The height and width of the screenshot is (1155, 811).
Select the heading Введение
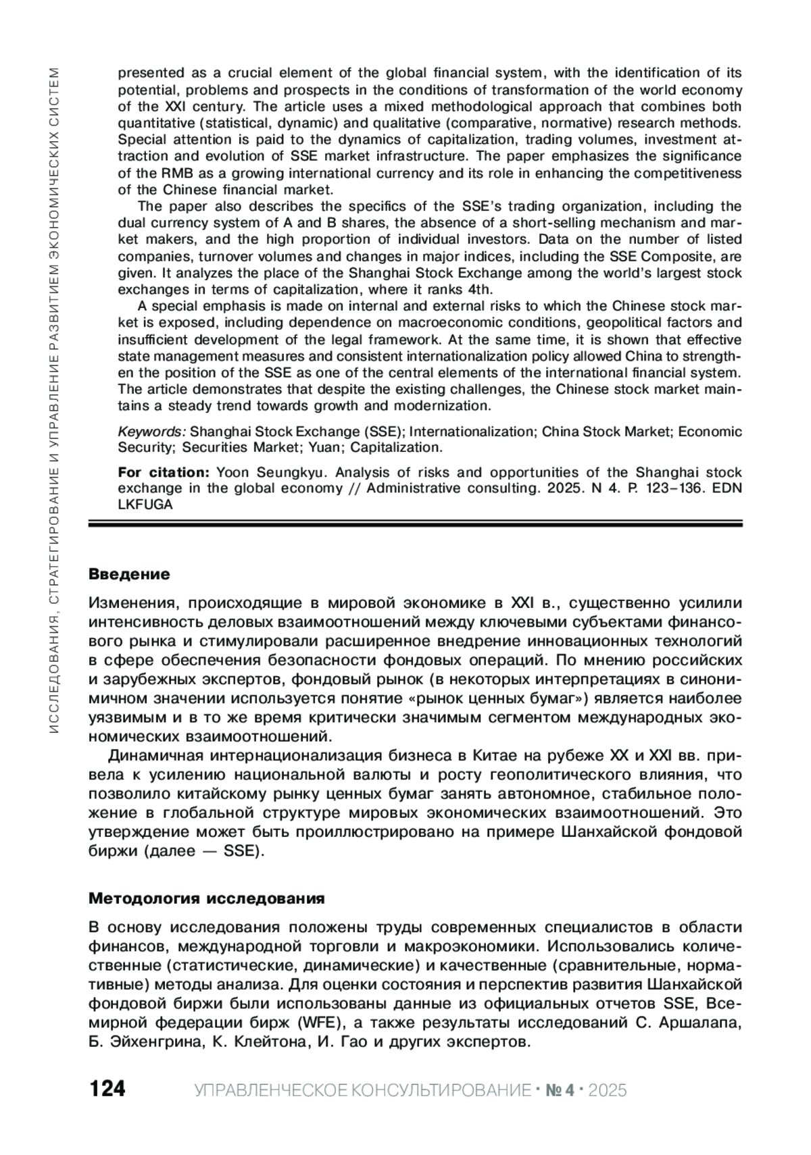tap(129, 574)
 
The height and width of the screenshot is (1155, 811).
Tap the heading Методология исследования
tap(207, 898)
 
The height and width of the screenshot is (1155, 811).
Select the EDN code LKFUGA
tap(145, 504)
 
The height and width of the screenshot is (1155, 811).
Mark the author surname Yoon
tap(236, 472)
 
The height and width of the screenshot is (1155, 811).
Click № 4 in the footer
tap(559, 1089)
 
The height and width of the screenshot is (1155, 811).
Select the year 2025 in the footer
tap(606, 1089)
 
